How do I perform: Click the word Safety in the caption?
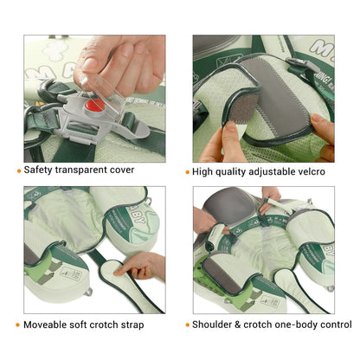tap(42, 170)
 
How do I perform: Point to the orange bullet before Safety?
tap(18, 170)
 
